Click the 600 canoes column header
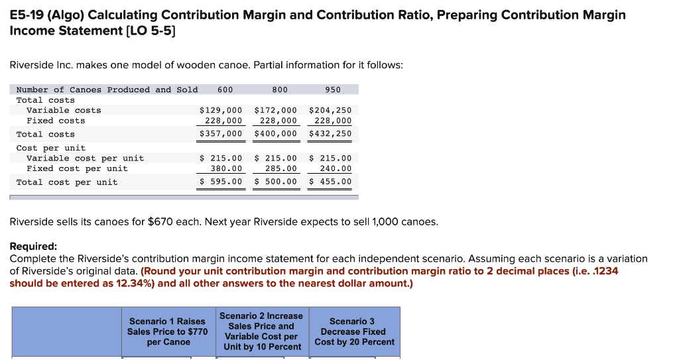225,90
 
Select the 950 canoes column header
333,90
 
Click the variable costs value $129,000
221,110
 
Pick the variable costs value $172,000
276,110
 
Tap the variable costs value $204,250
330,110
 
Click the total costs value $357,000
221,134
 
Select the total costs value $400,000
276,134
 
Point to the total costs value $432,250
330,134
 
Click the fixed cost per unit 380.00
226,168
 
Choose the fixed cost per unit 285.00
281,168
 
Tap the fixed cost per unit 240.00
336,168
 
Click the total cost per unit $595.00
221,182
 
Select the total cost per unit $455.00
330,182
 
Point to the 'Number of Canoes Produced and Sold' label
107,90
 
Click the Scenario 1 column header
168,331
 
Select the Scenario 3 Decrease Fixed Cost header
354,331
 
